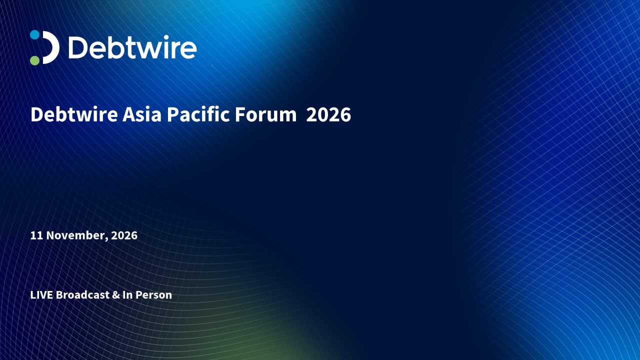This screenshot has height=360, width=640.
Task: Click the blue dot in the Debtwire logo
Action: (x=35, y=34)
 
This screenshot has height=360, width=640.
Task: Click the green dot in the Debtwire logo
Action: (x=35, y=60)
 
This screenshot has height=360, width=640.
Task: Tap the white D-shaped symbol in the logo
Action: (x=51, y=47)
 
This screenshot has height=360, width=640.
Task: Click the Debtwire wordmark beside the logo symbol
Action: (x=132, y=47)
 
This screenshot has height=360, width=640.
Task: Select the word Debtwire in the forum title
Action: (x=74, y=114)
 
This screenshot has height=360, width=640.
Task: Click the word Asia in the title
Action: (x=142, y=114)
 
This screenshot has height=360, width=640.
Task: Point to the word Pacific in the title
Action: (x=198, y=114)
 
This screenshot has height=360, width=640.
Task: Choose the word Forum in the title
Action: (x=265, y=114)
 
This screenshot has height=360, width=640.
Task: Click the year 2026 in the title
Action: (x=328, y=114)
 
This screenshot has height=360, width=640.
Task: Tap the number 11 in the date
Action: (x=36, y=235)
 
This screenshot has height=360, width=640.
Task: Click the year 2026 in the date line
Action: (x=124, y=235)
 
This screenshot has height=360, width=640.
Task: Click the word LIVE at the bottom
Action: (x=41, y=295)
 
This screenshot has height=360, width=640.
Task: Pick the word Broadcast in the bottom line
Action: (x=82, y=295)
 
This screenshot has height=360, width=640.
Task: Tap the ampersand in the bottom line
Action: (x=116, y=295)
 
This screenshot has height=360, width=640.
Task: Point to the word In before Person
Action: (x=127, y=295)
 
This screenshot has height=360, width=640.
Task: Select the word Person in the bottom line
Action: (x=153, y=295)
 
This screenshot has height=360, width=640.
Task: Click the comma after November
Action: (x=106, y=239)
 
